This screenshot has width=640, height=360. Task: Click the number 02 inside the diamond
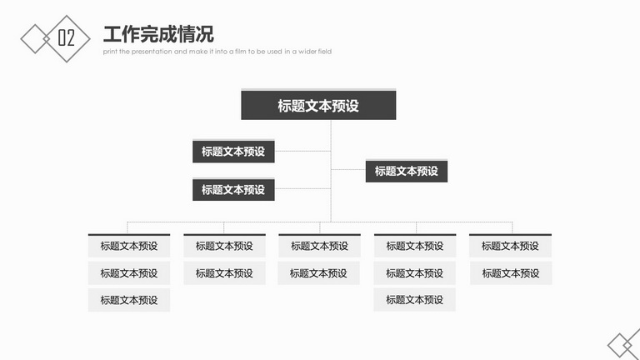66,38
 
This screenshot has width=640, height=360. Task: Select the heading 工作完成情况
158,34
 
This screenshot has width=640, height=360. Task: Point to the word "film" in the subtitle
240,52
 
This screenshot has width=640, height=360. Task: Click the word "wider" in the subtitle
307,52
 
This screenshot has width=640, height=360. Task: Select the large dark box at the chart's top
318,104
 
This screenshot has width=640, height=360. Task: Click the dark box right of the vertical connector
407,171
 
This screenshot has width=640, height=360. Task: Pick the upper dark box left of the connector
233,151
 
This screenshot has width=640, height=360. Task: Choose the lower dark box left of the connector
233,189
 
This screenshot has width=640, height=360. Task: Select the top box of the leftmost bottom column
129,246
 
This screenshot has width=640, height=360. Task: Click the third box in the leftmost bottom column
129,300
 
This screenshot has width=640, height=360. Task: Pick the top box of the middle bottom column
320,246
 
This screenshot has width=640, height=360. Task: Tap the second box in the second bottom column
224,273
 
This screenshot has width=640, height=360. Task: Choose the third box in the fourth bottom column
415,300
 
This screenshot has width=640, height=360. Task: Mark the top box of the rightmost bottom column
510,246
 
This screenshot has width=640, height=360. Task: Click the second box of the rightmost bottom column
511,273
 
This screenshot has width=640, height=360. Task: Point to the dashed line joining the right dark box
348,169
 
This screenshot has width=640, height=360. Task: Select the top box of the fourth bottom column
415,246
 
